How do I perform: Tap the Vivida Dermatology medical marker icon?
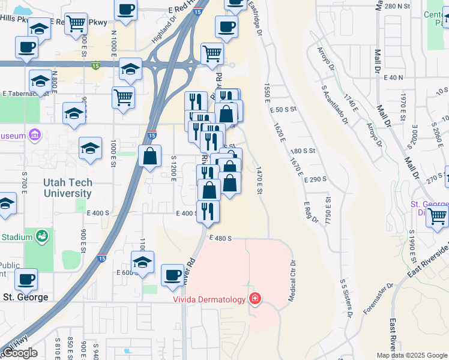coord(255,298)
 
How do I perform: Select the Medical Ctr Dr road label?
coord(294,280)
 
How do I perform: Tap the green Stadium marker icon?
coord(41,236)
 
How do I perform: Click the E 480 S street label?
coord(220,238)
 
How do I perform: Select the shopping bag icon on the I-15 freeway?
coord(149,157)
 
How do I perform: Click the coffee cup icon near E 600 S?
coord(173,275)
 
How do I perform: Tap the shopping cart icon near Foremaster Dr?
coord(438,216)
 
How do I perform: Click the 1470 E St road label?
coord(259,181)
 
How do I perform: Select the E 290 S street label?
coord(315,179)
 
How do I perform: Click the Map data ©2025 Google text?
coord(412,355)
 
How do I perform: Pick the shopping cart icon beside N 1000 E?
coord(123,96)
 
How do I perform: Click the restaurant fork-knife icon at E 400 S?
coord(208,211)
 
